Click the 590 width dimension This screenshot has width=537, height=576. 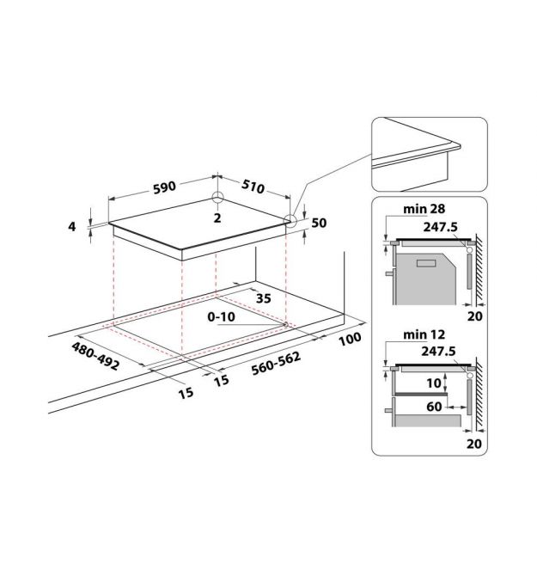(164, 187)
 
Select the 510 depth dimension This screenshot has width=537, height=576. (253, 187)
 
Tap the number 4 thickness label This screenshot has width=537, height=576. (72, 227)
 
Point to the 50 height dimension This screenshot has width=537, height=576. (319, 223)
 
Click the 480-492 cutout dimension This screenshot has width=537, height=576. (95, 356)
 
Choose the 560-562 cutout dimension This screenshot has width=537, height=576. (277, 364)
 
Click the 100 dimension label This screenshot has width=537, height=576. (350, 339)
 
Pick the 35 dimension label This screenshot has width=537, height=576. (263, 298)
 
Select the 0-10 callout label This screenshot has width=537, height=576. (221, 316)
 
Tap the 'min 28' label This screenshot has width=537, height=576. (424, 209)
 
